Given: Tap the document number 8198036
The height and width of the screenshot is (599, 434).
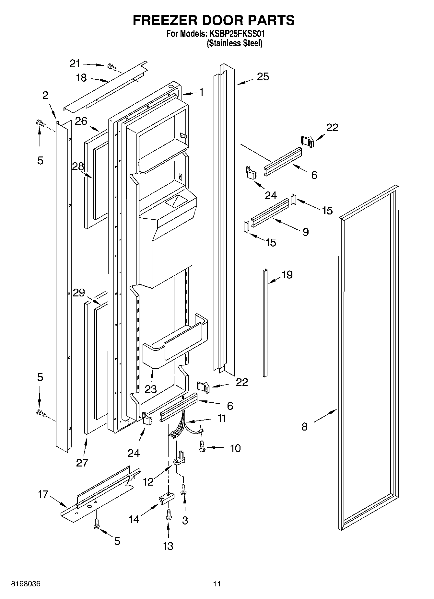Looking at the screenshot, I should (x=26, y=584).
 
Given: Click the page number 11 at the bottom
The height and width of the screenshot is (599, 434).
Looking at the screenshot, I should (x=217, y=584).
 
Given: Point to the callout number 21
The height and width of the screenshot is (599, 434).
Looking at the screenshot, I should (x=75, y=63).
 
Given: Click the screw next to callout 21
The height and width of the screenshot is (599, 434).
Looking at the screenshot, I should (x=112, y=67).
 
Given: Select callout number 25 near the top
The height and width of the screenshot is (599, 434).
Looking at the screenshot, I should (x=263, y=77).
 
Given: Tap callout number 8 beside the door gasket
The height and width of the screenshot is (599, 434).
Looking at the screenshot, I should (x=304, y=427).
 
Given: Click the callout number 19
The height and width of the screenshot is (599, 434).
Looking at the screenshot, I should (x=287, y=275).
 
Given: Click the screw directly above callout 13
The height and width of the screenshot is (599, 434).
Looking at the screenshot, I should (x=168, y=515).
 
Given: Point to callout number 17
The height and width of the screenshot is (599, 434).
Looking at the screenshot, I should (x=43, y=495).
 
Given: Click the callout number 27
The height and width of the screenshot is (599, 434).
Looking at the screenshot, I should (x=82, y=463).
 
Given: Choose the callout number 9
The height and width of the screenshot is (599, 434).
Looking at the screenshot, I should (x=305, y=232).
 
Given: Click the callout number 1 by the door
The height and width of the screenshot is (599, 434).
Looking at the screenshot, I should (x=201, y=92).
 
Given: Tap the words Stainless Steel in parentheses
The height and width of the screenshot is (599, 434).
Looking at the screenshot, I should (x=234, y=43).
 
